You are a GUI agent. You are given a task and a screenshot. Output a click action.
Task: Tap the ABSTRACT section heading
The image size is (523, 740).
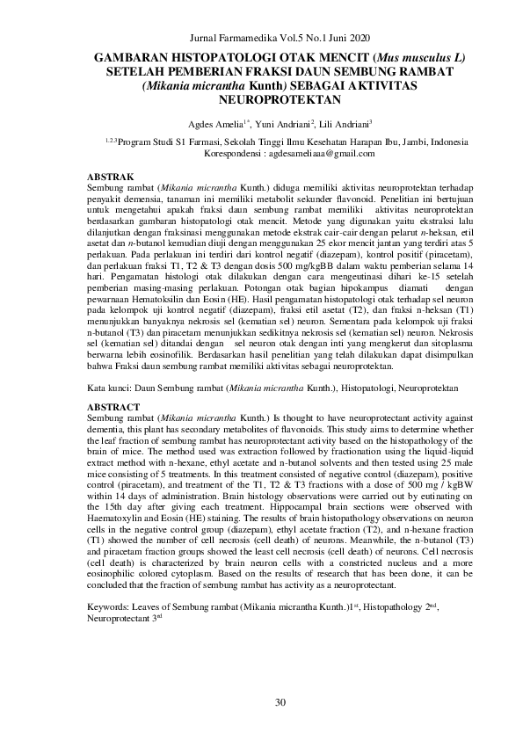coord(114,408)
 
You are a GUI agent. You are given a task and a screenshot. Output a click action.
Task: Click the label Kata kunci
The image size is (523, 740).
coord(112,388)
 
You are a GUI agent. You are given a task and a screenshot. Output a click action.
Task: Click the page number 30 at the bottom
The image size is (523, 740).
coord(281,701)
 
